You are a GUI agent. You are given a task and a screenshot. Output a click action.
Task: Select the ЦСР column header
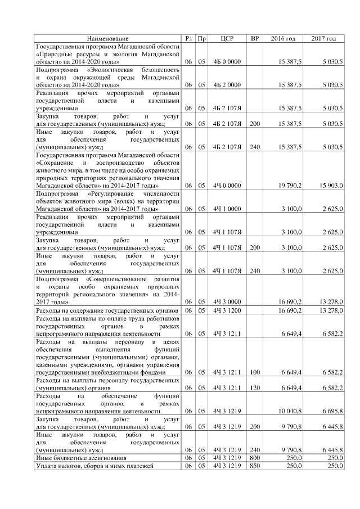tap(228, 38)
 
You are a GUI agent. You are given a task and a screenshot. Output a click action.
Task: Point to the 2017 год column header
tap(324, 38)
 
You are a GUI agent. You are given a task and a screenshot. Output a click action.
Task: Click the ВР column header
tap(255, 38)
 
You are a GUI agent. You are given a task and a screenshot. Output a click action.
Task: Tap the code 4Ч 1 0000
tap(227, 209)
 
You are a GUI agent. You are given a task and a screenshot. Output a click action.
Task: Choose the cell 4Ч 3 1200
tap(227, 310)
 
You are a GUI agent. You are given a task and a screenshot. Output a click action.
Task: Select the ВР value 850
tap(255, 466)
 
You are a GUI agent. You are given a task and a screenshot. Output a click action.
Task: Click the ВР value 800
tap(255, 458)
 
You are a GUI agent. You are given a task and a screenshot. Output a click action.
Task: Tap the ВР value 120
tap(255, 388)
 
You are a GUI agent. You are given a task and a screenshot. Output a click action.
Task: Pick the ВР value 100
tap(255, 372)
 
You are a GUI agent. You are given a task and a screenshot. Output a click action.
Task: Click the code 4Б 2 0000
tap(227, 84)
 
